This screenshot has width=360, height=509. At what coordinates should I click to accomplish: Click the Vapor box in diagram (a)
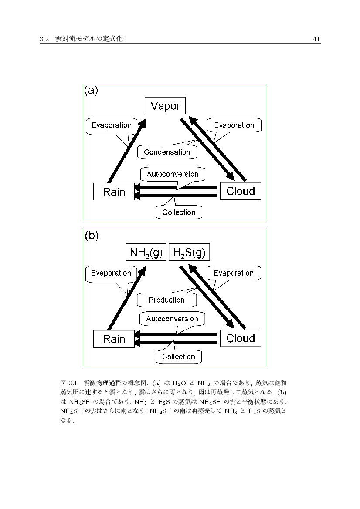[165, 106]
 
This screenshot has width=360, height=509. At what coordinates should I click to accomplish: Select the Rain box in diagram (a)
[114, 192]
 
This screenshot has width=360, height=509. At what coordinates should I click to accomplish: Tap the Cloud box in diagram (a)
[241, 191]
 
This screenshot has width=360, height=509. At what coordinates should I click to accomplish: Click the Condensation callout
[167, 152]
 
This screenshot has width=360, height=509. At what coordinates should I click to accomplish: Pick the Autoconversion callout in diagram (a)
[172, 174]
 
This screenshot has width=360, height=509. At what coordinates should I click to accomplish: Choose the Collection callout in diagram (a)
[179, 212]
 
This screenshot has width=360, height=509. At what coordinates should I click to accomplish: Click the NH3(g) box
[146, 253]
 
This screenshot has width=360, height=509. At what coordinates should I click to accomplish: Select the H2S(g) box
[189, 253]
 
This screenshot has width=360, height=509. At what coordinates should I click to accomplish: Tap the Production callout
[166, 300]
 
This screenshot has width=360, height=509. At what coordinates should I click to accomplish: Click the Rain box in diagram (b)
[114, 339]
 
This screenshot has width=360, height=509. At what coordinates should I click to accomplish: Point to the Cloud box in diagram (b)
[241, 338]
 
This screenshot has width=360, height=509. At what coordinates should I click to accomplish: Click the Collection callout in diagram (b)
[178, 357]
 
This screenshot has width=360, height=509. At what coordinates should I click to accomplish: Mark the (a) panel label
[91, 91]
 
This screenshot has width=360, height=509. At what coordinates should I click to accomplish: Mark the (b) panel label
[92, 236]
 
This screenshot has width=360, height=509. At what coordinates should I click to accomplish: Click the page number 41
[316, 39]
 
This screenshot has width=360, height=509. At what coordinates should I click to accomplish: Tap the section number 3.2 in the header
[43, 39]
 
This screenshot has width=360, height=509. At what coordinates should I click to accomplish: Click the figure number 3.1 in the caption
[72, 384]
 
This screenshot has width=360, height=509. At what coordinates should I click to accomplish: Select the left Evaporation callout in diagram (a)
[111, 125]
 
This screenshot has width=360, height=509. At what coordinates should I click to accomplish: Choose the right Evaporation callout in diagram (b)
[234, 273]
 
